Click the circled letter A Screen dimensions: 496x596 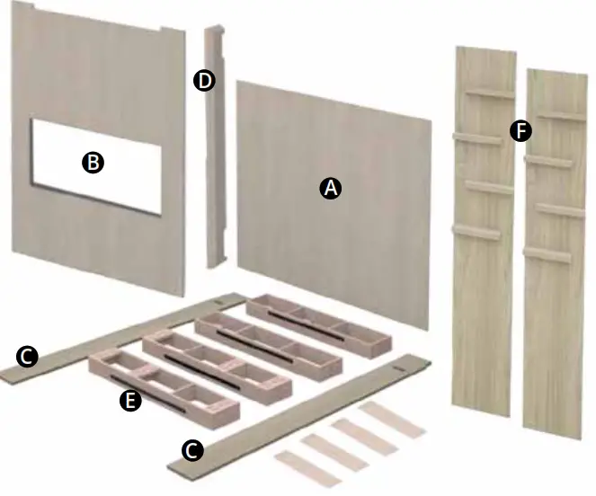pos(330,188)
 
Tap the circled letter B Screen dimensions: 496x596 pos(92,163)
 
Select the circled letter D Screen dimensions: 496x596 pos(204,81)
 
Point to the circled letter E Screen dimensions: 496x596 pos(130,402)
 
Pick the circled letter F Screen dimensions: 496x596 pos(520,132)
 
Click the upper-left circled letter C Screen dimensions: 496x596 pos(28,358)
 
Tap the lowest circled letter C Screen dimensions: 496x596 pos(191,449)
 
